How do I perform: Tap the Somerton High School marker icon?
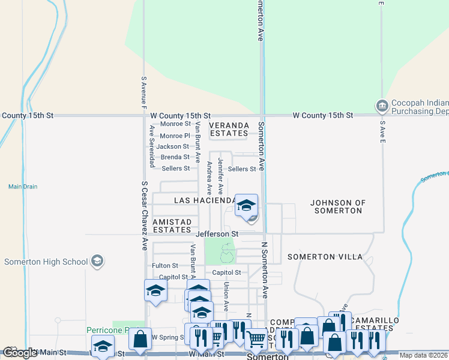coord(97,262)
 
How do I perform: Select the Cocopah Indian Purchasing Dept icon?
coord(382,107)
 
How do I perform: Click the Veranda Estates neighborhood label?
coord(229,130)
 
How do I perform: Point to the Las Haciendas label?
coord(204,200)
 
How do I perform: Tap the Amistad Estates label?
coord(172,226)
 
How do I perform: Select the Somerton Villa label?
coord(325,257)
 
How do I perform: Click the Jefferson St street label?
coord(217,233)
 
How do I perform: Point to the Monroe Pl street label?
coord(175,136)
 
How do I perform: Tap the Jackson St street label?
coord(173,146)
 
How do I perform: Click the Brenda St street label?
coord(175,157)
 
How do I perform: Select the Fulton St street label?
coord(165,265)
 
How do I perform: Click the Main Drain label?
coord(23,187)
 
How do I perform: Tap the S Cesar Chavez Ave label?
coord(145,216)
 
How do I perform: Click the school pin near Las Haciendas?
coord(246,206)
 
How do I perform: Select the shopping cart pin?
coord(256,340)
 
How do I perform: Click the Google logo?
coord(20,353)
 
